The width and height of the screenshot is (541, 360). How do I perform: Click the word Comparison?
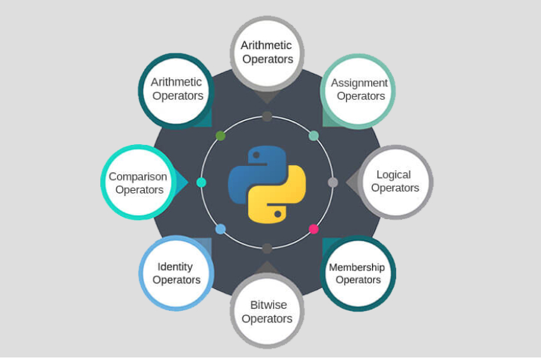point(138,177)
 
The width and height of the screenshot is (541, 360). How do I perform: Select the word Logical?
point(394,175)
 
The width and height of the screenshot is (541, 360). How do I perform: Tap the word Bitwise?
point(269,305)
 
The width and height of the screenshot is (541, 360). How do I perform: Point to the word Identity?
point(175,267)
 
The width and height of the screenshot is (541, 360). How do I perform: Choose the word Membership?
point(357,267)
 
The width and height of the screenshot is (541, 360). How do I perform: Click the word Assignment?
point(359,83)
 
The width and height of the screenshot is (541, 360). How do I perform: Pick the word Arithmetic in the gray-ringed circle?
point(266,45)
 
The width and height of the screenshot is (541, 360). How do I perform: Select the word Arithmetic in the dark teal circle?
point(176,82)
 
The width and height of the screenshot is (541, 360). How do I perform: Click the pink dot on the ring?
point(314,229)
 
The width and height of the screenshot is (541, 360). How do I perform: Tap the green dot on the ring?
point(221,136)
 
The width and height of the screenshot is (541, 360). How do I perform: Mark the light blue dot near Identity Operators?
point(221,229)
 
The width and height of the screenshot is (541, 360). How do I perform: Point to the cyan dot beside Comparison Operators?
point(201,183)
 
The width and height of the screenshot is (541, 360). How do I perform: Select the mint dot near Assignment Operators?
point(314,136)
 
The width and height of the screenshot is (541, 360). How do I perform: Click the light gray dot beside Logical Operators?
point(332,183)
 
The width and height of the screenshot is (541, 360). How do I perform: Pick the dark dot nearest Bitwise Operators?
point(267,248)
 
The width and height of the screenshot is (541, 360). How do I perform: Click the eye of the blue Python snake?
point(256,155)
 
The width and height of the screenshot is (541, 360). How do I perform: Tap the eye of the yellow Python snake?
point(278,214)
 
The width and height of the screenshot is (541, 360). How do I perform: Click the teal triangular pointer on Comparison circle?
point(181,183)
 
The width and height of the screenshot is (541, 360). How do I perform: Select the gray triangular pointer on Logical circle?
point(353,183)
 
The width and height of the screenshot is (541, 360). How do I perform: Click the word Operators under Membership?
point(358,280)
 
